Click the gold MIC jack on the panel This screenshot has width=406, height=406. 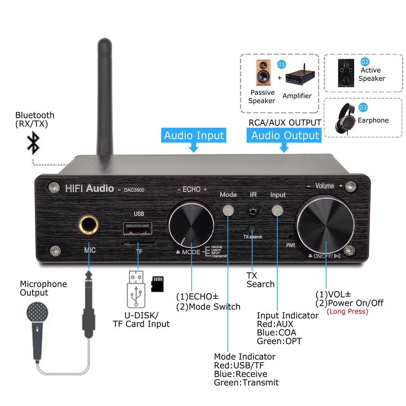click(89, 225)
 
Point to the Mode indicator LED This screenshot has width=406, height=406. click(228, 211)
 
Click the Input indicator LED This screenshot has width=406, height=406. click(277, 211)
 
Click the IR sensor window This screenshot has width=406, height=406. click(252, 210)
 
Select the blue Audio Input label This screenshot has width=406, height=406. click(194, 136)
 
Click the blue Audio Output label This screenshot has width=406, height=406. click(285, 136)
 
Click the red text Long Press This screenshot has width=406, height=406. click(347, 312)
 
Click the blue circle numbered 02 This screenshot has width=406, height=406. click(365, 62)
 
